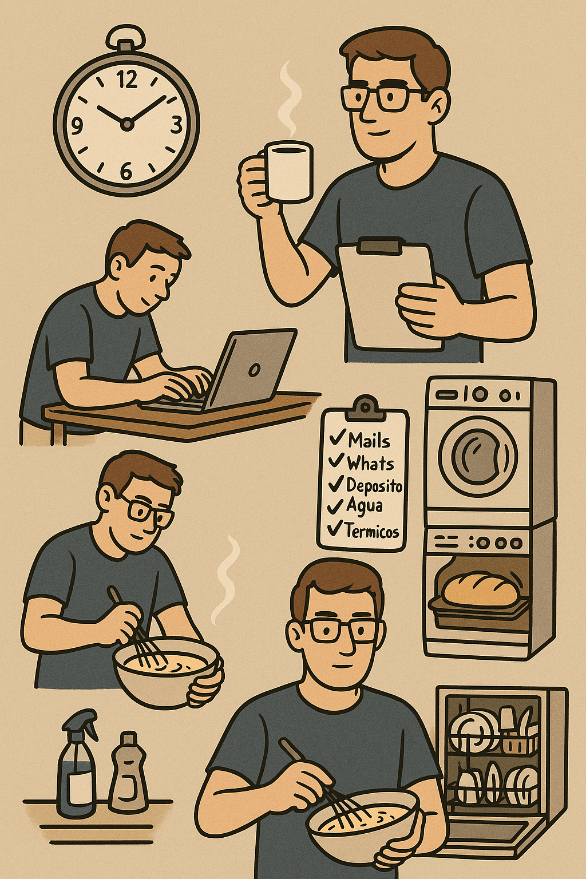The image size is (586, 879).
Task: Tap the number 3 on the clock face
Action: pyautogui.click(x=177, y=125)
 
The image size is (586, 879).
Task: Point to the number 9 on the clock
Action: pyautogui.click(x=77, y=126)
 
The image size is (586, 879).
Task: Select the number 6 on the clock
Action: pyautogui.click(x=125, y=171)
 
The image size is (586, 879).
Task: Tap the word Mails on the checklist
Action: pyautogui.click(x=369, y=440)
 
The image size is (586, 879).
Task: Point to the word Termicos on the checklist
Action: pyautogui.click(x=372, y=531)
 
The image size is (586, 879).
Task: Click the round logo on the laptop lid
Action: pyautogui.click(x=254, y=369)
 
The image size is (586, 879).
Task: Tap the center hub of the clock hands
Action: pyautogui.click(x=126, y=124)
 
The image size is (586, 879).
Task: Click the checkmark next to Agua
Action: pyautogui.click(x=335, y=506)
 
